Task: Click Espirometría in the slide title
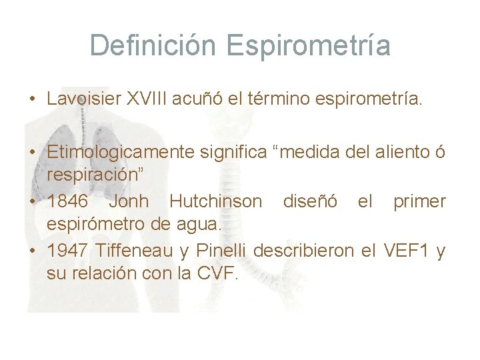pos(308,46)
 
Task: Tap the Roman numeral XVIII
pos(147,99)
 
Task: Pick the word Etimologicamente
pos(121,153)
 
